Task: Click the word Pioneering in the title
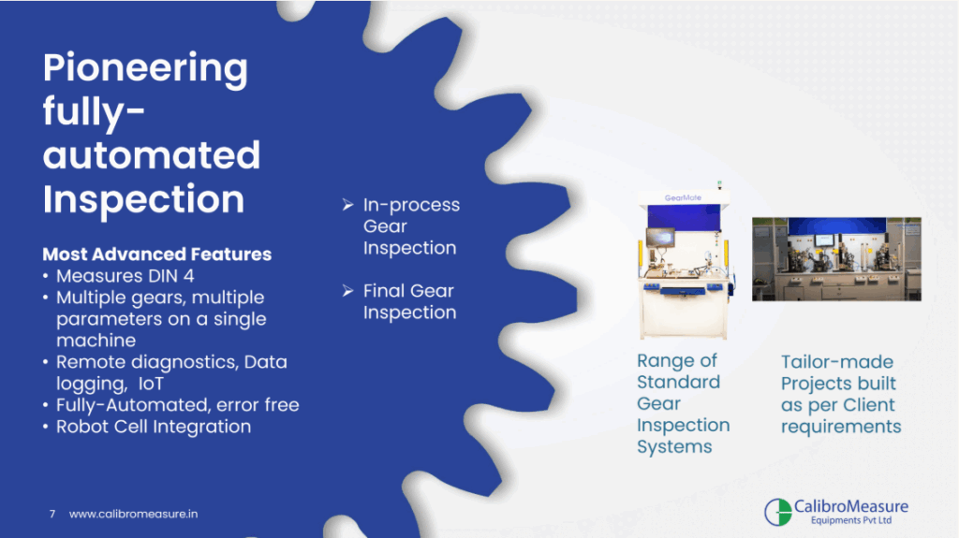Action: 145,68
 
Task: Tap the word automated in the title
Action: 152,154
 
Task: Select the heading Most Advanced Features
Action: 157,254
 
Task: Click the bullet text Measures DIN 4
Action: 125,276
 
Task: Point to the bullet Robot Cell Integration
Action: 154,427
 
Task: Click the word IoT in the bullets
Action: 151,384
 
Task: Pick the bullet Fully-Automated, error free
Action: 178,405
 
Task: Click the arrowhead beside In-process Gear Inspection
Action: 348,204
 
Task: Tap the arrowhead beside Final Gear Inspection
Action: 348,290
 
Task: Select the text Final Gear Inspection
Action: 409,301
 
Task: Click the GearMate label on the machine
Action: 683,198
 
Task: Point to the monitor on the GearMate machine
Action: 660,237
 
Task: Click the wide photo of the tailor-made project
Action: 836,259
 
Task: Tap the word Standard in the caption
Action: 678,382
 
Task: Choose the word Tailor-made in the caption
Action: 837,362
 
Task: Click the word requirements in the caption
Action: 841,427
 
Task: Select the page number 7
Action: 52,515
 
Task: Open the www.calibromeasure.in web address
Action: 133,515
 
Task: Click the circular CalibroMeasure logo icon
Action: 778,512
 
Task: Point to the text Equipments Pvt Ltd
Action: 850,521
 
